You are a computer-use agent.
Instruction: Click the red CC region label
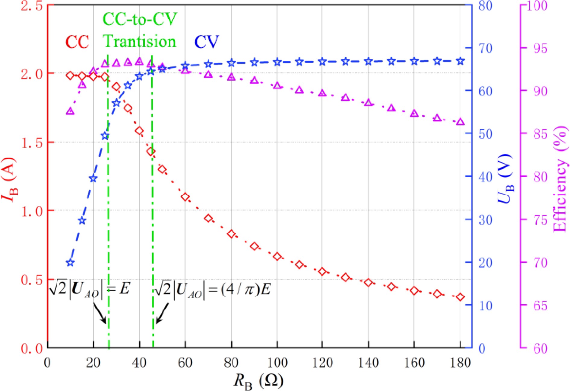click(x=77, y=42)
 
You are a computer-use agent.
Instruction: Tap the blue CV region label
click(x=206, y=42)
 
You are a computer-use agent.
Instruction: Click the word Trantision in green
click(x=140, y=41)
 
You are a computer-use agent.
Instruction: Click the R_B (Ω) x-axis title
click(x=258, y=381)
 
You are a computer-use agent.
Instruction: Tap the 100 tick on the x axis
click(x=277, y=363)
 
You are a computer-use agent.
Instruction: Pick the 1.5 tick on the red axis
click(x=31, y=142)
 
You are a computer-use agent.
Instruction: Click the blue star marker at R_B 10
click(x=70, y=263)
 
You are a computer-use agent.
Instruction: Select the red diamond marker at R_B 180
click(x=460, y=297)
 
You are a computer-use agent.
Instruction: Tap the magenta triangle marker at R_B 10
click(x=70, y=111)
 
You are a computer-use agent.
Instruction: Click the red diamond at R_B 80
click(x=231, y=234)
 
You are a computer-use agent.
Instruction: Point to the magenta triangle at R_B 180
click(x=460, y=122)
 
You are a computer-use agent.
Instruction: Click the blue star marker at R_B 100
click(x=277, y=62)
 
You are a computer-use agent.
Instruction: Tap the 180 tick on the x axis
click(x=460, y=363)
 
